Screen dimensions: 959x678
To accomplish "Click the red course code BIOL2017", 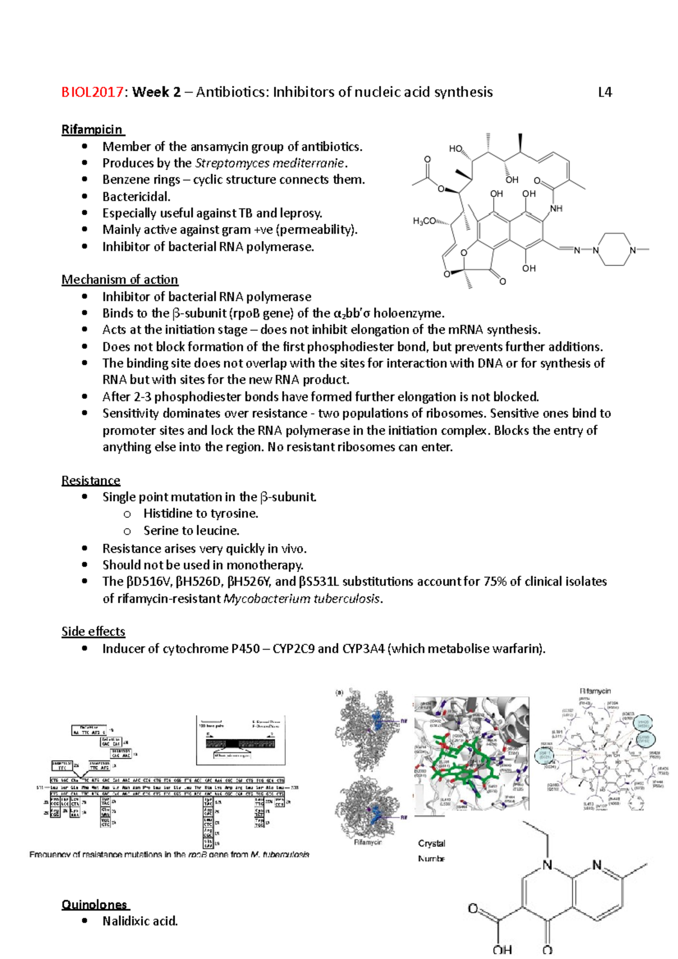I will (x=92, y=92).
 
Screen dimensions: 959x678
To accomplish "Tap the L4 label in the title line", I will (x=605, y=92).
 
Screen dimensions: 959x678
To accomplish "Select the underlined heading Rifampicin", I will (x=92, y=129).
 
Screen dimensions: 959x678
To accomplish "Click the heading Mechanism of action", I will (x=119, y=280).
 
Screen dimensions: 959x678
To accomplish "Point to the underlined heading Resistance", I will (x=90, y=481).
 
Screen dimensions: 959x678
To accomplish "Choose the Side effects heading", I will (x=93, y=631).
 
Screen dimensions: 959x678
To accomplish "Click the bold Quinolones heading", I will (x=94, y=904).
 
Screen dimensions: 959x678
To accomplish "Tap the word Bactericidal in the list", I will (x=136, y=197).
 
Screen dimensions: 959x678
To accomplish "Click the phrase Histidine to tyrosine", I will (x=201, y=513).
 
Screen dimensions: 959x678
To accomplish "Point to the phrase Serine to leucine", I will (x=191, y=530).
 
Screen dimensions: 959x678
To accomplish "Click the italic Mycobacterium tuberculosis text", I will (x=302, y=599).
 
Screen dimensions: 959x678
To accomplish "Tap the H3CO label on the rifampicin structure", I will (x=424, y=221).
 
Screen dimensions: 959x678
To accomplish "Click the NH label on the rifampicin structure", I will (x=556, y=208).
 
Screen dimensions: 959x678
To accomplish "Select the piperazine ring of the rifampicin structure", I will (x=614, y=250).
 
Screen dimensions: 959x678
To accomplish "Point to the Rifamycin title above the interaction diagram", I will (x=595, y=691).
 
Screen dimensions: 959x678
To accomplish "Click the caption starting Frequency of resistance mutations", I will (x=169, y=855).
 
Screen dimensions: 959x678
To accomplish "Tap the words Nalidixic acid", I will (x=140, y=921).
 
